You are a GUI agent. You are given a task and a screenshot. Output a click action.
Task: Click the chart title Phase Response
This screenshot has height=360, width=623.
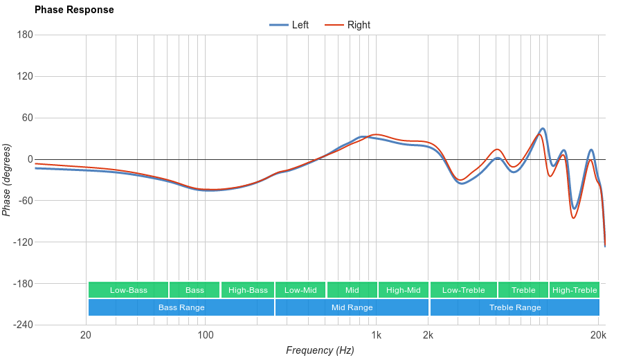coord(74,10)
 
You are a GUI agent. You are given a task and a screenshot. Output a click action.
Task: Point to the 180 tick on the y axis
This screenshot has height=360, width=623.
coord(25,35)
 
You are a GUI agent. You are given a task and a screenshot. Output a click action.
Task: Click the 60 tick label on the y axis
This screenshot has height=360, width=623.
coord(28,118)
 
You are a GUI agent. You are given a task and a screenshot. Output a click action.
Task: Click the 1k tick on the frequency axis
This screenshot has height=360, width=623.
coord(377,336)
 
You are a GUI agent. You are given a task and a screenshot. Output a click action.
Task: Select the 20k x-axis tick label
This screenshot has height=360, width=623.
coord(599,336)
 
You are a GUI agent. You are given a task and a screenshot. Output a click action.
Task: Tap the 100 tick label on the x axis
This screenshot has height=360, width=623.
coord(205,336)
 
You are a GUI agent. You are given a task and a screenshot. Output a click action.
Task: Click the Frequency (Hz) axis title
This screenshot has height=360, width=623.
coord(320,350)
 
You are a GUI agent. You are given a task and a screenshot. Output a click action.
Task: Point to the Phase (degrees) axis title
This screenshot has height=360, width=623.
coord(7,180)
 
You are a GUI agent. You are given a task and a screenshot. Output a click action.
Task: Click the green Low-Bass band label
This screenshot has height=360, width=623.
coord(128,290)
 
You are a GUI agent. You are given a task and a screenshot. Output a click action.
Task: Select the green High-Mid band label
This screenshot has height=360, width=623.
coord(404,290)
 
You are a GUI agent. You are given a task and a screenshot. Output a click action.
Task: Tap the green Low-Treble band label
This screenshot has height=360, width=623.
coord(463,290)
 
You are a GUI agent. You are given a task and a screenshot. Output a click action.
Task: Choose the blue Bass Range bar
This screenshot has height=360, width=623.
coord(181,307)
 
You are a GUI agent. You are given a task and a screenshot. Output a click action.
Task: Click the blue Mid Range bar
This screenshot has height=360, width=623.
coord(352,307)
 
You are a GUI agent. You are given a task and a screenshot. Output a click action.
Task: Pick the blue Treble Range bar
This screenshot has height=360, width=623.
coord(514,307)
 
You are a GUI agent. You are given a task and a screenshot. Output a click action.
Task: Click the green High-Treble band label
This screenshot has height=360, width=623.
coord(575,290)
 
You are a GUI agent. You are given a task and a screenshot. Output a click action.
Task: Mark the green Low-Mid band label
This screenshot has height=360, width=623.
coord(300,290)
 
